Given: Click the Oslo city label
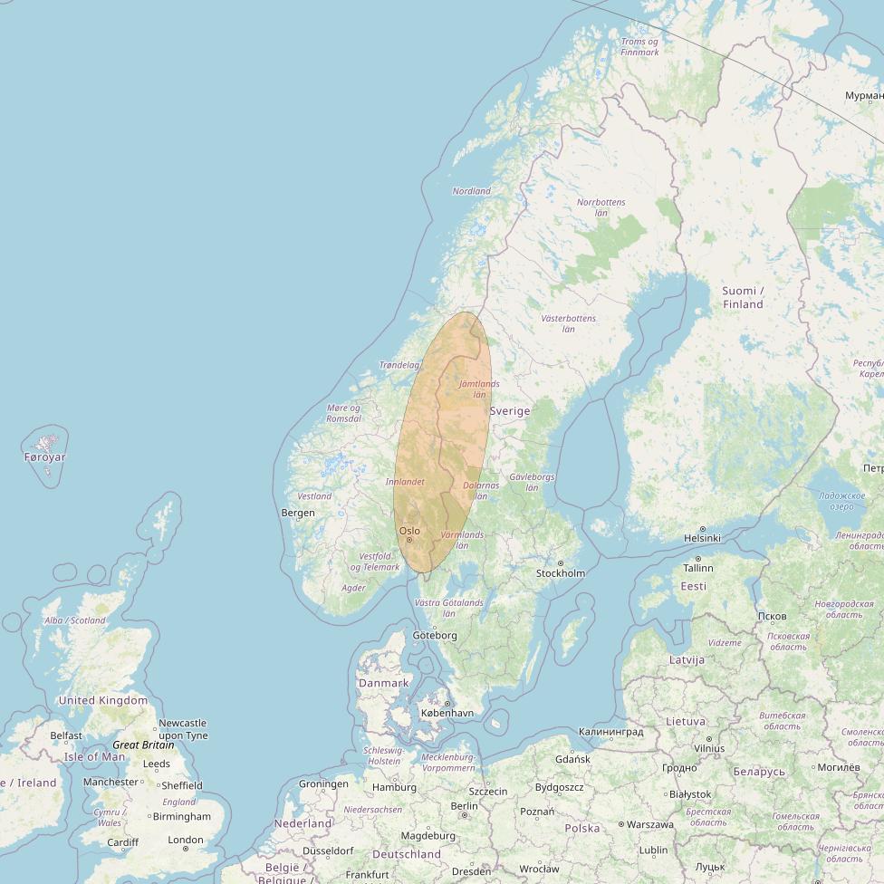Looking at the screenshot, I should click(x=409, y=531).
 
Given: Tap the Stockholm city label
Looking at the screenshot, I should click(x=561, y=573).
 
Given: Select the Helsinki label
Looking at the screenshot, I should click(x=702, y=538).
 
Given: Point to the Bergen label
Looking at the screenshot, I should click(x=298, y=513).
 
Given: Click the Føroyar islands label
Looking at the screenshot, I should click(x=44, y=457).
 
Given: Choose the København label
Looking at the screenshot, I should click(x=447, y=713).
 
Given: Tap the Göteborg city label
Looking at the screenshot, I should click(x=435, y=636).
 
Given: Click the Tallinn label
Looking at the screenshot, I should click(x=698, y=568).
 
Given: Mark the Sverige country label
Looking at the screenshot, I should click(x=510, y=410).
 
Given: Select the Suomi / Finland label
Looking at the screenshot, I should click(x=743, y=297).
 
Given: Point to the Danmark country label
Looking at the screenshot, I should click(x=384, y=683).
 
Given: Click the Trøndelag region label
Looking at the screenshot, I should click(x=399, y=365).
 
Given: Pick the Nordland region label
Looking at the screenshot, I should click(x=471, y=191).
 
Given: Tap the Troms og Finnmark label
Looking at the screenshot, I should click(x=639, y=47).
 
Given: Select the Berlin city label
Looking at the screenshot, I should click(x=464, y=806).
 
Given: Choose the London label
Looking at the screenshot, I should click(x=186, y=840).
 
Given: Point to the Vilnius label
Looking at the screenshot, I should click(x=708, y=749).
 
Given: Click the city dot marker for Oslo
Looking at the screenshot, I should click(x=409, y=540).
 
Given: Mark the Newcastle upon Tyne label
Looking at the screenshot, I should click(x=182, y=729).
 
